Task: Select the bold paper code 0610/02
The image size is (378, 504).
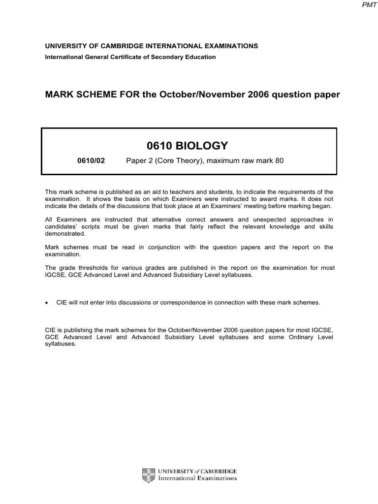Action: click(91, 160)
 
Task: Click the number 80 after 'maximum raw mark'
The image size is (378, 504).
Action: click(280, 160)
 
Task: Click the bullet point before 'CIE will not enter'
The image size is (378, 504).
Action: click(47, 303)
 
